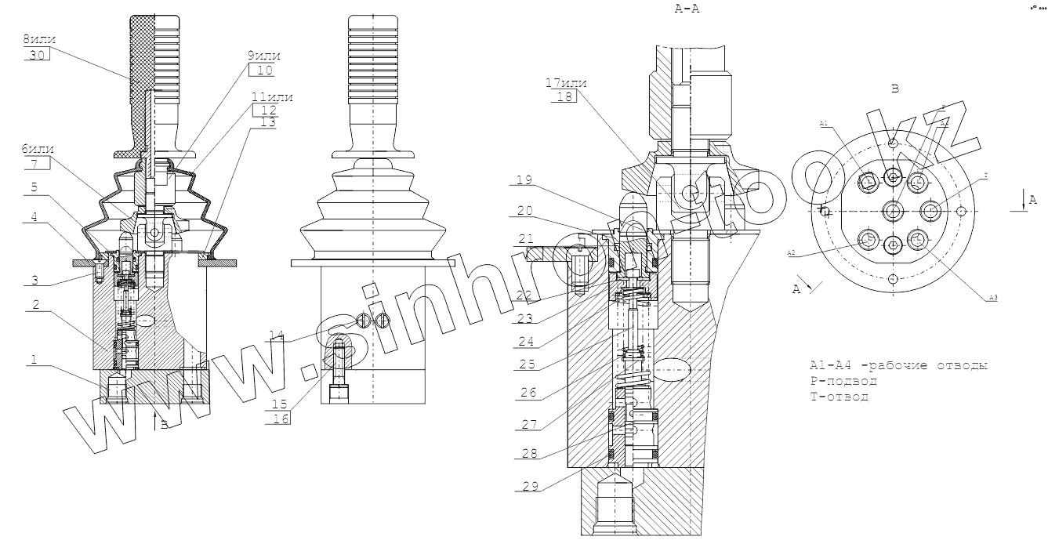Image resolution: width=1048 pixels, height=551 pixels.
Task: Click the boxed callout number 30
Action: [37, 55]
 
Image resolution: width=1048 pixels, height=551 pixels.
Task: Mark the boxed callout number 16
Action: [281, 419]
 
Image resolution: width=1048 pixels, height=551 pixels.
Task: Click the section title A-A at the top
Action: [686, 9]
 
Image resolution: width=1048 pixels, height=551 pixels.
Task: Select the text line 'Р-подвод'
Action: [843, 382]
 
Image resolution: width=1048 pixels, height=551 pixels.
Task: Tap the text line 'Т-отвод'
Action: [839, 397]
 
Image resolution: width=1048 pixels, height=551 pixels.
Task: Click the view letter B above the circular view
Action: [894, 89]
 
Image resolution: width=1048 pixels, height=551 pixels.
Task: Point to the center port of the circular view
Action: [894, 210]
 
